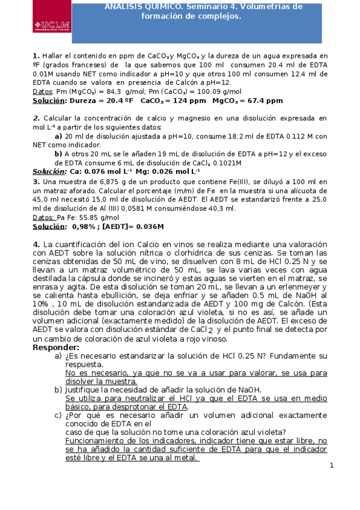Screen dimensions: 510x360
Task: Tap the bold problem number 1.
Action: pyautogui.click(x=36, y=54)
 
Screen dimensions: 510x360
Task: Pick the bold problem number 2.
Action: pyautogui.click(x=35, y=119)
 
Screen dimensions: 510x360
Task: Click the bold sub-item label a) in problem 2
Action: pyautogui.click(x=58, y=136)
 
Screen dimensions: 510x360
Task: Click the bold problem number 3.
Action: pyautogui.click(x=36, y=181)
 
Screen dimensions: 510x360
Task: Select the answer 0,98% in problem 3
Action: pyautogui.click(x=85, y=227)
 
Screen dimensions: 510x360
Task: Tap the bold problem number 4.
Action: pyautogui.click(x=36, y=244)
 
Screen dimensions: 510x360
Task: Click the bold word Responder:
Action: pyautogui.click(x=56, y=348)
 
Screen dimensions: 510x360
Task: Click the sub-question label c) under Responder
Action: pyautogui.click(x=58, y=415)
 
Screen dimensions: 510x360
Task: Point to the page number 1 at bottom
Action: pyautogui.click(x=331, y=466)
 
